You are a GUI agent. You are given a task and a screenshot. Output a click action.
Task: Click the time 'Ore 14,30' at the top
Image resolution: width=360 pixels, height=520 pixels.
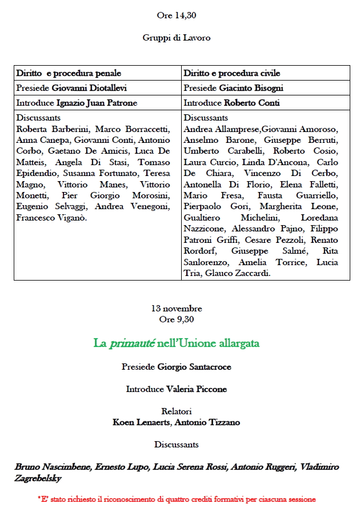(x=176, y=15)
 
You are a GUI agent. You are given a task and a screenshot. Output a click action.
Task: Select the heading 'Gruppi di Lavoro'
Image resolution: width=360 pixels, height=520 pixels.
(x=177, y=38)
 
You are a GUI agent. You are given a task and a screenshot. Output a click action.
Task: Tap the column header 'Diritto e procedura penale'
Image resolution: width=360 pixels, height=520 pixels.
(x=69, y=74)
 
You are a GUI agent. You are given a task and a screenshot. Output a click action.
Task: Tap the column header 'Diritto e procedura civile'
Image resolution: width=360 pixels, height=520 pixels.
(x=232, y=74)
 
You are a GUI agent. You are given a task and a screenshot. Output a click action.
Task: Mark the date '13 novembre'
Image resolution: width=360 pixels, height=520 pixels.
(x=177, y=309)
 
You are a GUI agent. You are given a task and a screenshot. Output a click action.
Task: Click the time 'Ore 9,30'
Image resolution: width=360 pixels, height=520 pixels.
(x=176, y=319)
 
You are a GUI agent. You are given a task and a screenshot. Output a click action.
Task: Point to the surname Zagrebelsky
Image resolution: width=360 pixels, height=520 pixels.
(x=38, y=479)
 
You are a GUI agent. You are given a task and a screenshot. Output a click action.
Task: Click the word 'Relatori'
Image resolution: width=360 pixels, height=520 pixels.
(x=176, y=411)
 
